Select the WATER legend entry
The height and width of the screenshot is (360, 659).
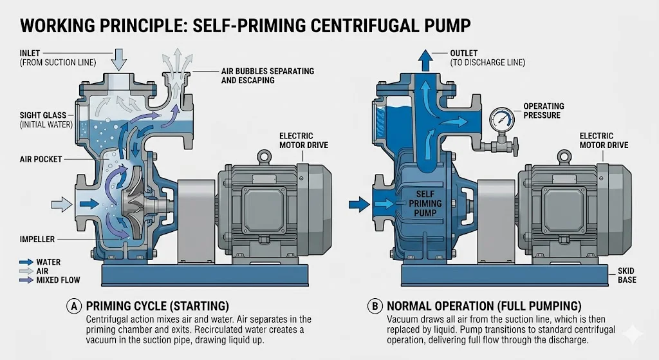click(x=49, y=263)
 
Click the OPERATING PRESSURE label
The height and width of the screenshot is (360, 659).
click(x=543, y=110)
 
